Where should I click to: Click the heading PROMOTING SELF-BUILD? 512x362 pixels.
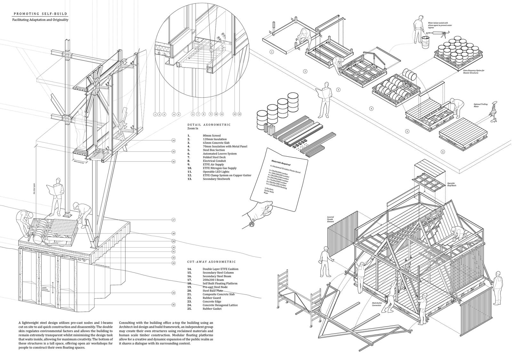coord(40,14)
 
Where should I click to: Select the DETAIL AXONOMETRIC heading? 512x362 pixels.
coord(209,125)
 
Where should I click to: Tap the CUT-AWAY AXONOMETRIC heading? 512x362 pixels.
coord(211,262)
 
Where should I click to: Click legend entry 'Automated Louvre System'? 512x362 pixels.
coord(220,153)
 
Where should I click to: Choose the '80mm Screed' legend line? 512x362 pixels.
coord(212,136)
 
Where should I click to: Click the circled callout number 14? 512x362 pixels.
coord(173,140)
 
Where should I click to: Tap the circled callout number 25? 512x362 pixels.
coord(173,305)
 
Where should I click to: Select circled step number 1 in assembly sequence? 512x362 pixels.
coord(272,51)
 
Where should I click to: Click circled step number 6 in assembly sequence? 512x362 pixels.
coord(443,152)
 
